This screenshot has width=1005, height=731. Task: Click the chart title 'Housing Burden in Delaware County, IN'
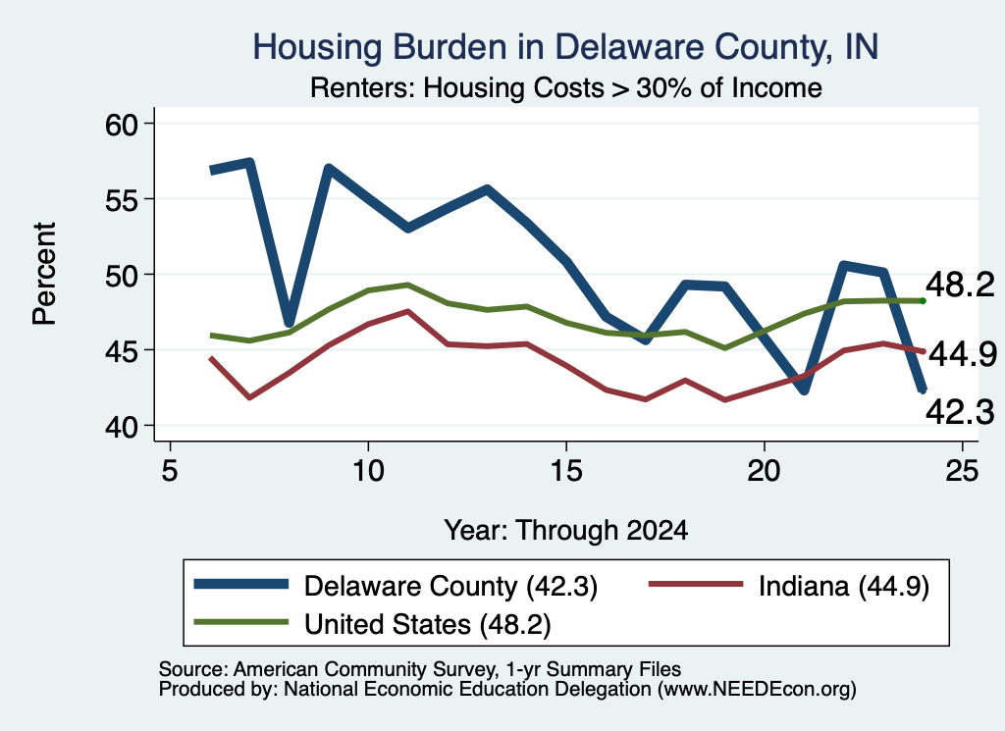(565, 47)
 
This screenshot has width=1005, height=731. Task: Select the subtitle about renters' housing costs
(566, 87)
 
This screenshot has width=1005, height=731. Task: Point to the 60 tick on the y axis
(122, 124)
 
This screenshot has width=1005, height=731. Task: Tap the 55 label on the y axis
(122, 199)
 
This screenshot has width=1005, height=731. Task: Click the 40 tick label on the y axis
(122, 426)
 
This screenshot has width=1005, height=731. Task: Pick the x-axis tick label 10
(368, 471)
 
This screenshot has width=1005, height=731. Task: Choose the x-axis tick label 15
(566, 471)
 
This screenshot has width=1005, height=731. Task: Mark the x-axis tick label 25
(962, 471)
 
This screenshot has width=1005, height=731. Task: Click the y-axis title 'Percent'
(44, 274)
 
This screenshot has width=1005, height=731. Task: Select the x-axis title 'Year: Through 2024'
(566, 531)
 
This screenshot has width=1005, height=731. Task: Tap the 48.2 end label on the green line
(960, 285)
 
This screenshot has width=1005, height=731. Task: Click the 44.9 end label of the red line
(963, 354)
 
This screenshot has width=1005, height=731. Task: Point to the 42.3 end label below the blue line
(960, 412)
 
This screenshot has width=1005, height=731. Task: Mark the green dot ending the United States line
(923, 300)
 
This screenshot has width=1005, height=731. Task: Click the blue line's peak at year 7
(249, 163)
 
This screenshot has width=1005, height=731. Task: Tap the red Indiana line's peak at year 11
(407, 311)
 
